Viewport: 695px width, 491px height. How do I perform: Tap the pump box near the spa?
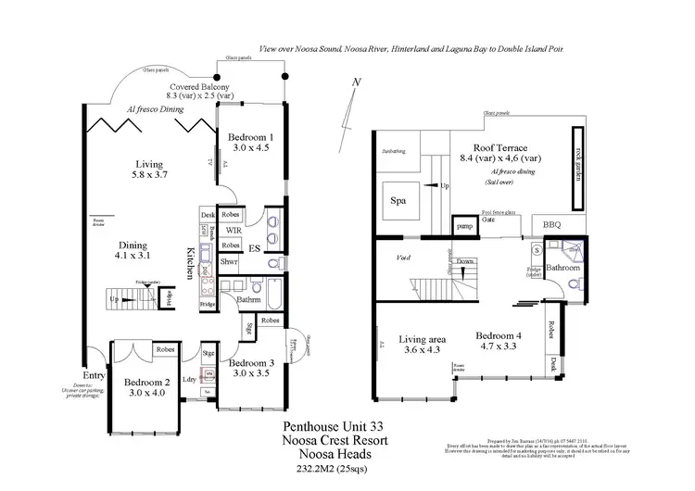(x=463, y=226)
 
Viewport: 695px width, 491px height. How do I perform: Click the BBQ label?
(x=552, y=225)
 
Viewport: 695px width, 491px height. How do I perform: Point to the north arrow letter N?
(x=357, y=83)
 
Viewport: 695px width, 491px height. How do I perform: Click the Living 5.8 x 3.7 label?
(x=148, y=168)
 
